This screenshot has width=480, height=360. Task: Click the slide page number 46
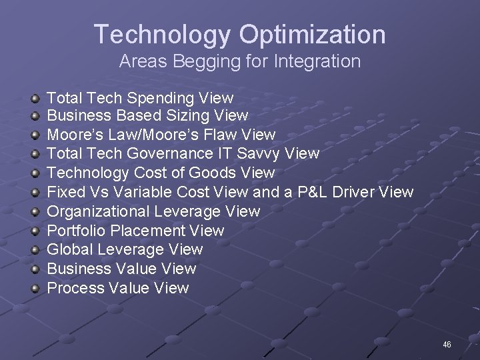[x=447, y=345]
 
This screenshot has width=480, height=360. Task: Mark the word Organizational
[x=99, y=212]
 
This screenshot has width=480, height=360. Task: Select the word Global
[x=70, y=250]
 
